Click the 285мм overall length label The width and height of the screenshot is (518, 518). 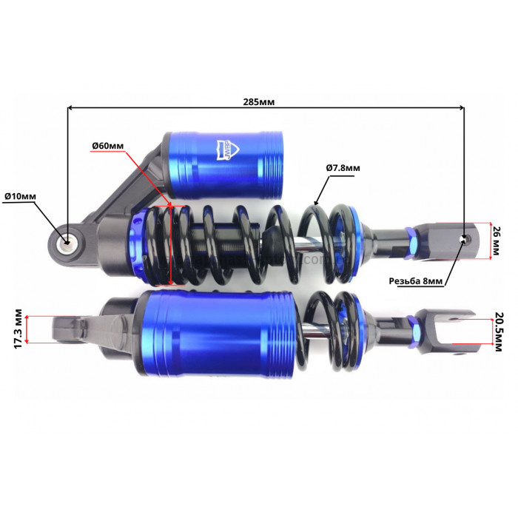259,102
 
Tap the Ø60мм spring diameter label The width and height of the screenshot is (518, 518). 108,146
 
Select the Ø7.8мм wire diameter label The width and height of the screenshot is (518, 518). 343,168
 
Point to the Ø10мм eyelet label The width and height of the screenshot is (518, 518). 20,196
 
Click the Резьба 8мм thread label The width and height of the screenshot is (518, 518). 415,281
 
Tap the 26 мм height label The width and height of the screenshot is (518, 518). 497,240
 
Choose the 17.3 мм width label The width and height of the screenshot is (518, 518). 18,329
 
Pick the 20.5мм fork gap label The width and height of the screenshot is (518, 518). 497,332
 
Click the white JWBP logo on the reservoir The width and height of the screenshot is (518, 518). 228,150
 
